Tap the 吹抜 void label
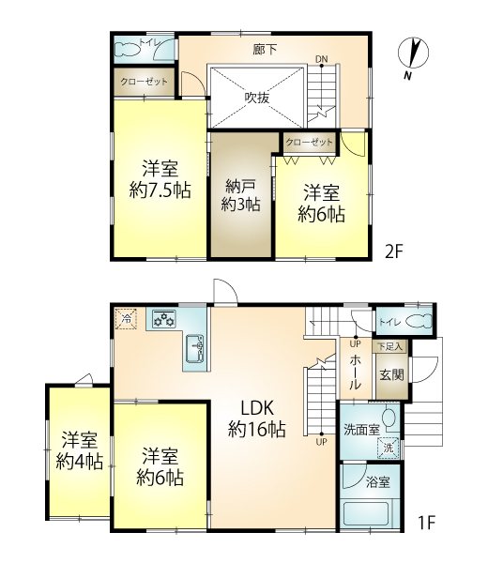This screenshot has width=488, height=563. pyautogui.click(x=257, y=98)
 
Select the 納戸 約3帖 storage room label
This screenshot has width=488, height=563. pyautogui.click(x=240, y=195)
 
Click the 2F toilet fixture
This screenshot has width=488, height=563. pyautogui.click(x=127, y=50)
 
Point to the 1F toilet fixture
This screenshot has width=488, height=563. pyautogui.click(x=419, y=321)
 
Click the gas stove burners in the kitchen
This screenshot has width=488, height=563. pyautogui.click(x=164, y=318)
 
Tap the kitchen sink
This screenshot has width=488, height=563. pyautogui.click(x=195, y=349)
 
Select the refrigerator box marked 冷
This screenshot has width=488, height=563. pyautogui.click(x=126, y=318)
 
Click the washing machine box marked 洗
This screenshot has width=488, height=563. pyautogui.click(x=389, y=448)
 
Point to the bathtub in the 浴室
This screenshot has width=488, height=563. pyautogui.click(x=366, y=514)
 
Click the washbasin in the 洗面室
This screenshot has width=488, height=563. pyautogui.click(x=389, y=418)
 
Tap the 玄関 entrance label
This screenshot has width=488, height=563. pyautogui.click(x=391, y=375)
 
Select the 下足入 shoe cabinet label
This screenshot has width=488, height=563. pyautogui.click(x=390, y=347)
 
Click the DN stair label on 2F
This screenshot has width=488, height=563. pyautogui.click(x=321, y=59)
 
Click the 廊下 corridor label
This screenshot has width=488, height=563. pyautogui.click(x=265, y=49)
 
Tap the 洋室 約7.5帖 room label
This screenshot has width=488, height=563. pyautogui.click(x=160, y=179)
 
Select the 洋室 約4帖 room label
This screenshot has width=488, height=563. pyautogui.click(x=80, y=450)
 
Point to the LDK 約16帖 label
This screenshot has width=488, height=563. pyautogui.click(x=257, y=419)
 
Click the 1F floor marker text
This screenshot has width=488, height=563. pyautogui.click(x=427, y=523)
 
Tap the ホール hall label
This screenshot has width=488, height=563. pyautogui.click(x=355, y=373)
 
